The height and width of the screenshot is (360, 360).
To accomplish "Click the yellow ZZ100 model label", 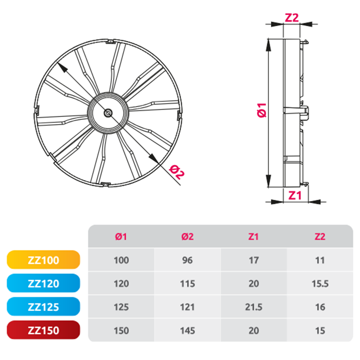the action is (x=44, y=260).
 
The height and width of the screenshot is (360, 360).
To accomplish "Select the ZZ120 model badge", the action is (x=44, y=283).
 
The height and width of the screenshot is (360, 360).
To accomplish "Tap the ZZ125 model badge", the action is (x=44, y=306).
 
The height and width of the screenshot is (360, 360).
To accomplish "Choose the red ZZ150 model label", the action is (x=44, y=330).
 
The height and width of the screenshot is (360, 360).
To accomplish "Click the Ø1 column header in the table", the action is (x=121, y=237).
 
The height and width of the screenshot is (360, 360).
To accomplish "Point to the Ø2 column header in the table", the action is (x=187, y=237).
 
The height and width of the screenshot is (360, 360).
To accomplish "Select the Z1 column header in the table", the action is (x=253, y=237).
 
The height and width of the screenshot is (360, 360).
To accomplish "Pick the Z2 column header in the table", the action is (x=320, y=237).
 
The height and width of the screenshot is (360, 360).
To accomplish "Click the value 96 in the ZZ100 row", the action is (x=187, y=260).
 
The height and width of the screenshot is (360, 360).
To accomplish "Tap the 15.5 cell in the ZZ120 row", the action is (x=320, y=284).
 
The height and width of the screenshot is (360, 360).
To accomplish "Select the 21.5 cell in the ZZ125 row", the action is (x=254, y=307).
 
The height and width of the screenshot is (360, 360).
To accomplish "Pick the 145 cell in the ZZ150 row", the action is (x=187, y=330).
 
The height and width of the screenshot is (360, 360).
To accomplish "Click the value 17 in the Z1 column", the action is (x=254, y=260).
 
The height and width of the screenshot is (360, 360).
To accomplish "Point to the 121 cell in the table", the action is (x=187, y=307).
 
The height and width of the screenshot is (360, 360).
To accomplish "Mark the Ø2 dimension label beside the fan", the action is (x=176, y=172).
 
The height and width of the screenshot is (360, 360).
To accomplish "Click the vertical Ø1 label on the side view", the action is (x=261, y=110).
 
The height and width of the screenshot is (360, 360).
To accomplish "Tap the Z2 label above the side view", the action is (x=292, y=17).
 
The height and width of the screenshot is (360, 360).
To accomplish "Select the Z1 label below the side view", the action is (x=295, y=195).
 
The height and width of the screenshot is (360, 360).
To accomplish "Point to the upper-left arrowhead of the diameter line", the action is (x=62, y=67).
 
